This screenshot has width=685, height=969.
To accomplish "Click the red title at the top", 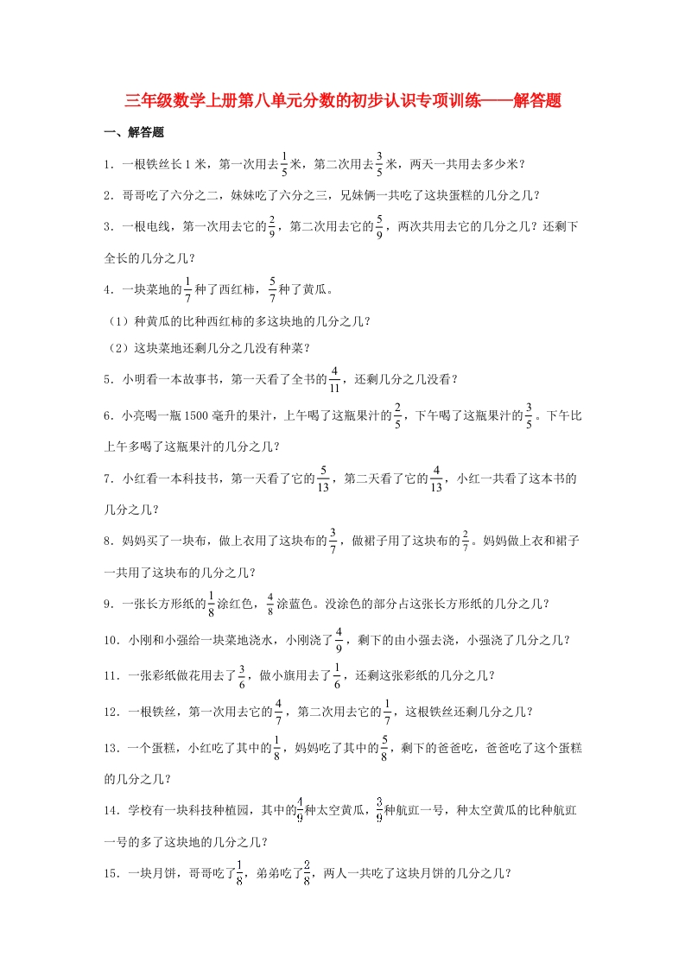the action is [343, 101].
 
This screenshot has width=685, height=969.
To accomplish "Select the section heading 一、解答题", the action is [134, 133].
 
